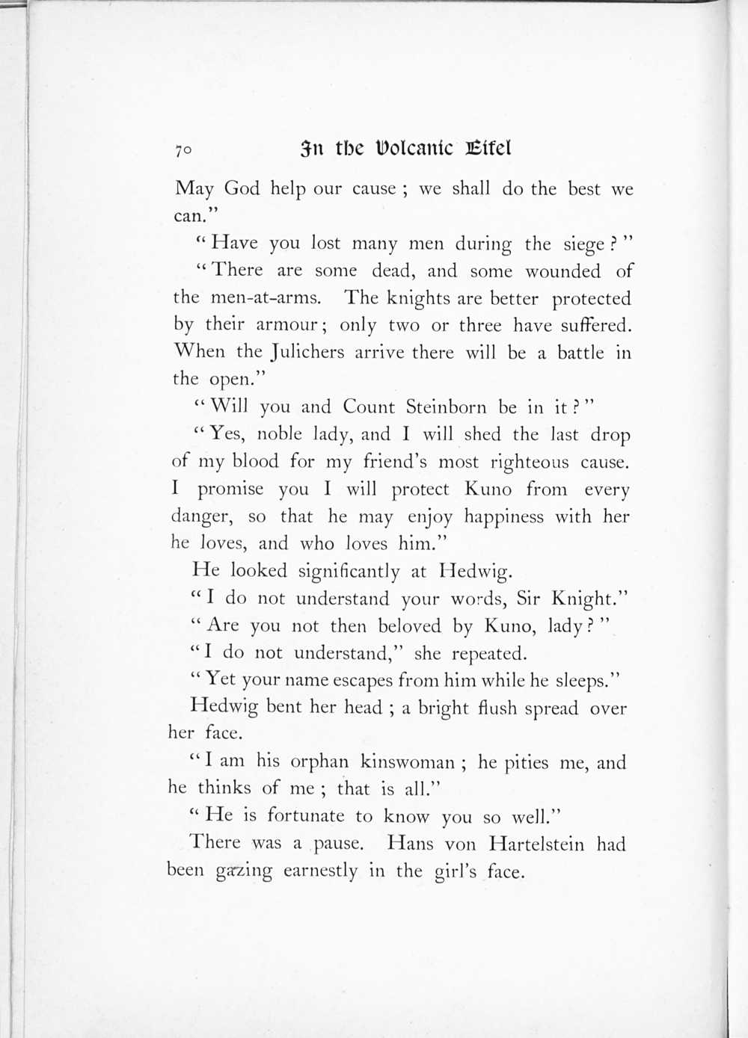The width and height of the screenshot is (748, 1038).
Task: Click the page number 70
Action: [x=183, y=150]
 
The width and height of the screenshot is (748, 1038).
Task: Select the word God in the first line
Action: [x=242, y=188]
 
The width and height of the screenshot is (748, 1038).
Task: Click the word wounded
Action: [x=562, y=271]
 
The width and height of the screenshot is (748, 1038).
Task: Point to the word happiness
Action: [x=503, y=517]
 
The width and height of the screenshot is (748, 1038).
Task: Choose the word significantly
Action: [x=349, y=572]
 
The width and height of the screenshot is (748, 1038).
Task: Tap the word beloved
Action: [x=409, y=626]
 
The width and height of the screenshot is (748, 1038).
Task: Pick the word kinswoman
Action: [x=408, y=762]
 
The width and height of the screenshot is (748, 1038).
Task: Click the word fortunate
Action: [x=305, y=816]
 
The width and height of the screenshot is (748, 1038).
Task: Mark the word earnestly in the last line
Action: [x=320, y=871]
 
